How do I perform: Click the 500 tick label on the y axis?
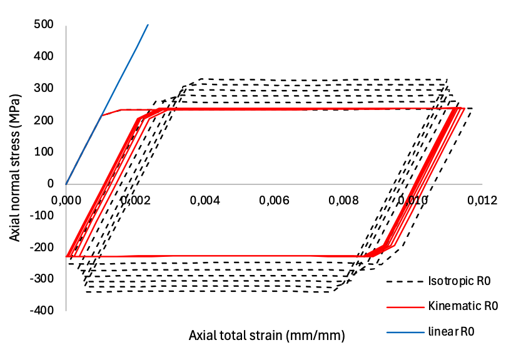tap(44, 24)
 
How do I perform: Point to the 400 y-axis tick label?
tap(44, 56)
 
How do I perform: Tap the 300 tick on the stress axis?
tap(44, 88)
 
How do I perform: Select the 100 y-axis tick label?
tap(44, 152)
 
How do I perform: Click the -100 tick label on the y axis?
tap(42, 215)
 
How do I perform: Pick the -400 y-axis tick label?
tap(42, 310)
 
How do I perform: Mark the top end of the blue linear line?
tap(148, 24)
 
